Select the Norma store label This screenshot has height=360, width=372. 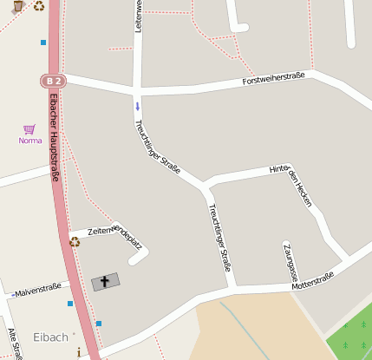pos(30,141)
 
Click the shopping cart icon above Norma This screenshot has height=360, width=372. pos(29,129)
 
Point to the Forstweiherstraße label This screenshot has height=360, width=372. pos(273,81)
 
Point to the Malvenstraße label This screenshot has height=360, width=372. pos(37,288)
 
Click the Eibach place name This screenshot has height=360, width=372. pos(50,337)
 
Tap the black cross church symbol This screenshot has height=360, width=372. pos(106,281)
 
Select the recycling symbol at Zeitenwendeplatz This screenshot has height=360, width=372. pos(75,241)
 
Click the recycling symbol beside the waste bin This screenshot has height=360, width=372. pos(39,6)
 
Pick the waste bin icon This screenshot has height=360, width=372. pos(18,6)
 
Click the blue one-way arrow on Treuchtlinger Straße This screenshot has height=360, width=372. pos(136,107)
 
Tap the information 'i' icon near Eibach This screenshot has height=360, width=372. pos(79,352)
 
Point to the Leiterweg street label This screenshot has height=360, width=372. pos(138,17)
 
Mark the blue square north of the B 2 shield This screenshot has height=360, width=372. pos(43,42)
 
